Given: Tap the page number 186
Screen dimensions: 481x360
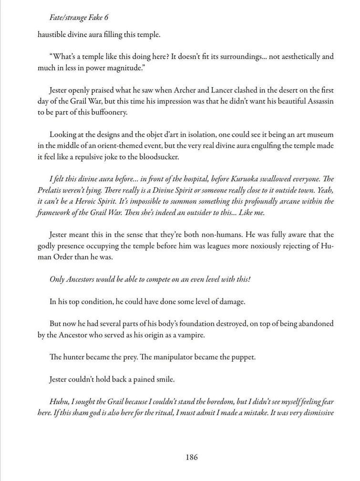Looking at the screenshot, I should point(192,457).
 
